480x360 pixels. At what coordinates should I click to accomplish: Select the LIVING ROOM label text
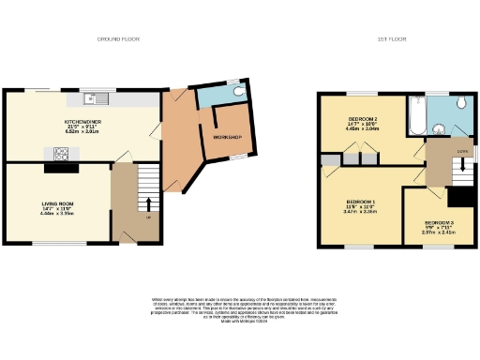tap(57, 203)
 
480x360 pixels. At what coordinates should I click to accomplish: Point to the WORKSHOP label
tap(227, 138)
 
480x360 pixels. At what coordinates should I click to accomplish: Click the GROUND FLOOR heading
tap(118, 39)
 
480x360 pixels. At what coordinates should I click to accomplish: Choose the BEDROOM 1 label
tap(360, 202)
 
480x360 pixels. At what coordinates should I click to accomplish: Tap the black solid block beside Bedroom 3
tap(460, 198)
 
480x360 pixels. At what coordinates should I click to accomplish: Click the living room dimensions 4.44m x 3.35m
tap(57, 214)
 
